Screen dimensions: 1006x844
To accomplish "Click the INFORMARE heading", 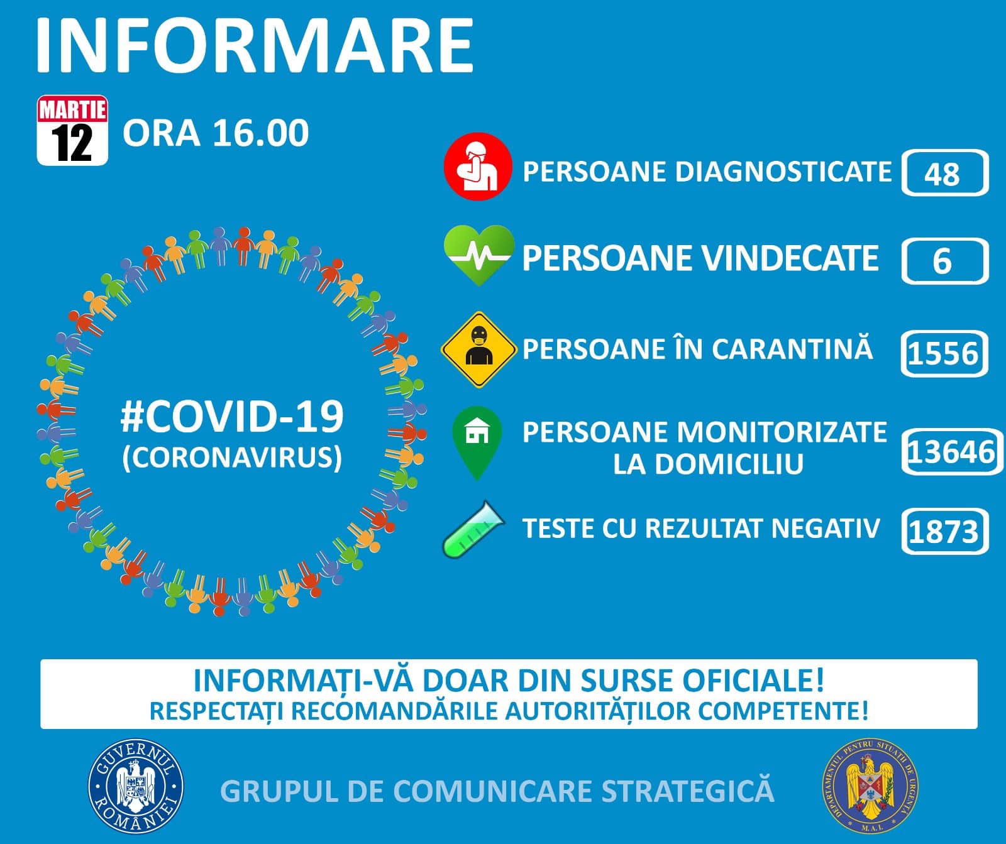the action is tap(255, 45).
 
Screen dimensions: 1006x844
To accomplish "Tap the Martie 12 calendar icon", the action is tap(72, 130).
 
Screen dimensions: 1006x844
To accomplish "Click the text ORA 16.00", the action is tap(216, 133).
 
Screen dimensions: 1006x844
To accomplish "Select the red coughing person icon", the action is tap(478, 166).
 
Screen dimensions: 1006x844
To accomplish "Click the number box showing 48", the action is tap(945, 173).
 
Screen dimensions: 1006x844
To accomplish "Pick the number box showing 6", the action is tap(945, 261).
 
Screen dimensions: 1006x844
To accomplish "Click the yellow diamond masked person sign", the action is tap(479, 349).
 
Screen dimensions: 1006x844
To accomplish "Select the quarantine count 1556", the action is tap(944, 353).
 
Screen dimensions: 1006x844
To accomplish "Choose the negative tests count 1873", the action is tap(944, 531).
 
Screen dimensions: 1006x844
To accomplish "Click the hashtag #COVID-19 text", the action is tap(232, 417).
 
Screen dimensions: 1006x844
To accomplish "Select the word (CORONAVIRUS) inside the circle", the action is tap(232, 458).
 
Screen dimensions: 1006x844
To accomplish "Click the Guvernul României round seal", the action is tap(136, 786).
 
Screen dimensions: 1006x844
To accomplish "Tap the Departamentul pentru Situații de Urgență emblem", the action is tap(870, 786).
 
